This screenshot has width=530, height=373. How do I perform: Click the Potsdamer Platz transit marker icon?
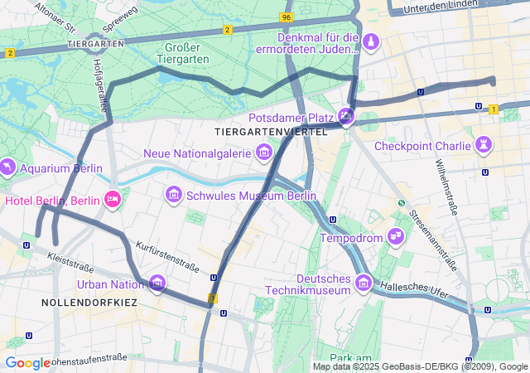point(346,117)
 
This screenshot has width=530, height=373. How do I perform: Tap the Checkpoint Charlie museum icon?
point(483,146)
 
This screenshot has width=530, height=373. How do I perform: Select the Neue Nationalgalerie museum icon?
point(264,153)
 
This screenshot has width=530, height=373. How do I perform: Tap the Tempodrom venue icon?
point(396,238)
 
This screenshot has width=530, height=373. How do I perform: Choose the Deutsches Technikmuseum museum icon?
point(363,284)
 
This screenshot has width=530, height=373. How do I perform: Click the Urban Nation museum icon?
point(157,284)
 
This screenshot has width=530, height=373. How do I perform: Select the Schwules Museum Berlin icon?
point(174,195)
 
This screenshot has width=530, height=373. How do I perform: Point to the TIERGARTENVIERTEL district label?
point(271,132)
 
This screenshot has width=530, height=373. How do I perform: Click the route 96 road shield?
point(286,17)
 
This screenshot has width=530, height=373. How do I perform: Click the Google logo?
point(27,363)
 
